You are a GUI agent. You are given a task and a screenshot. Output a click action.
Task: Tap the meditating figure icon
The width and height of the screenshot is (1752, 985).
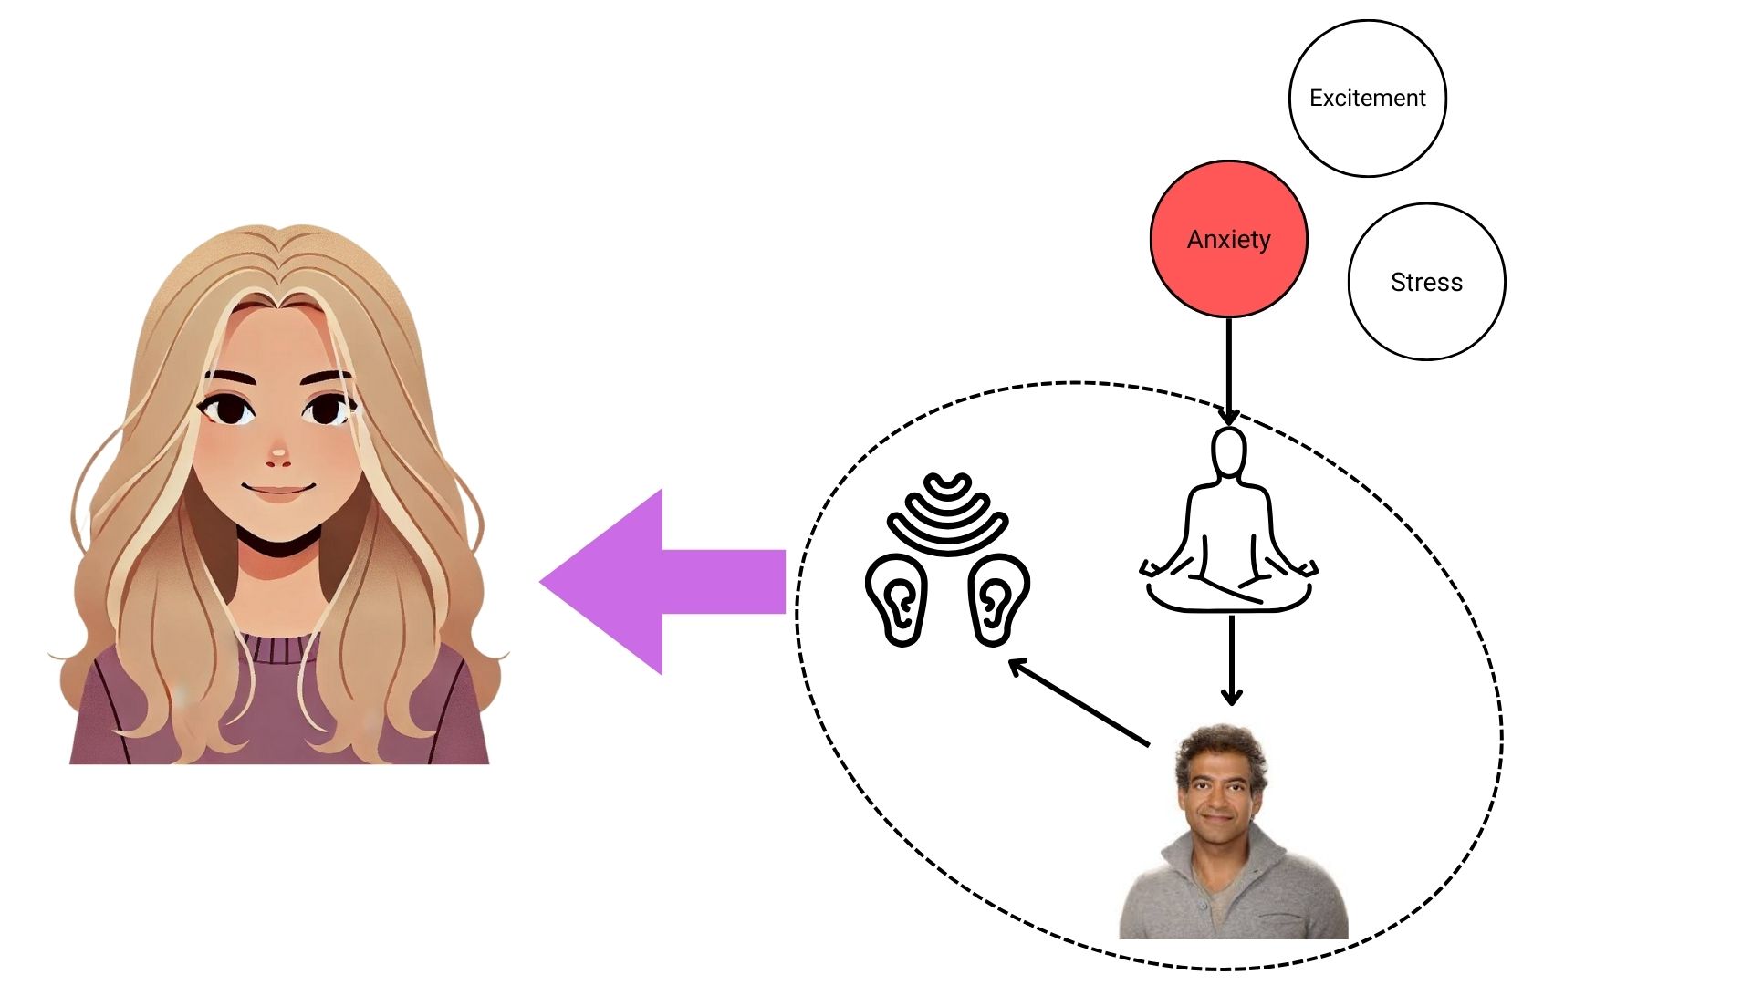(x=1229, y=538)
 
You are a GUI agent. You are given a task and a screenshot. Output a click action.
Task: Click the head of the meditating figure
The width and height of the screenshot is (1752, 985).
(x=1229, y=452)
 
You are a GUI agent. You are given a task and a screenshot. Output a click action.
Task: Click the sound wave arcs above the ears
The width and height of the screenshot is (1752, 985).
(x=947, y=515)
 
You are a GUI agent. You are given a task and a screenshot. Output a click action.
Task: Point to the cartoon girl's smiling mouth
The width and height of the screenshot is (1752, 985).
(x=278, y=490)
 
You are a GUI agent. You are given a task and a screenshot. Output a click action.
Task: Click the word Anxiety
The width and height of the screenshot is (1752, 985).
(x=1228, y=239)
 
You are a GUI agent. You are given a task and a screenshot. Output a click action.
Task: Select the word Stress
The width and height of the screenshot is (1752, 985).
(x=1426, y=283)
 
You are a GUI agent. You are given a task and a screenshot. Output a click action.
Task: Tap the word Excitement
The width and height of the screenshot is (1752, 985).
(x=1367, y=98)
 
